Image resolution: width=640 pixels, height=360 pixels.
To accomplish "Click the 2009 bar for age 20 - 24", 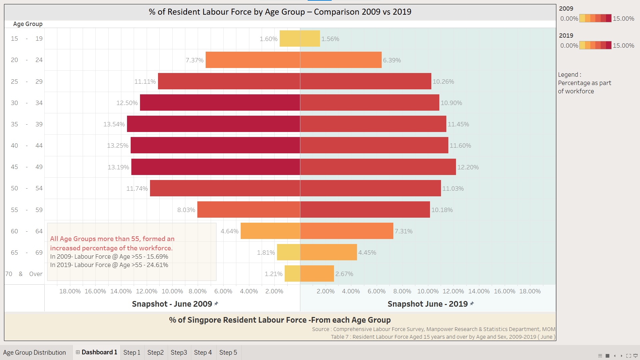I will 253,60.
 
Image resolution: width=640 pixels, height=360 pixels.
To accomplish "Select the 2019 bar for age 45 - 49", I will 378,167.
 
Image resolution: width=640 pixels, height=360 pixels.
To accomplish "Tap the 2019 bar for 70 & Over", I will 317,274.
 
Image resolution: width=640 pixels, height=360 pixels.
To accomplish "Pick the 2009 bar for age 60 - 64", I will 270,231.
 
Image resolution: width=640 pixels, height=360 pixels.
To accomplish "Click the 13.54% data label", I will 114,124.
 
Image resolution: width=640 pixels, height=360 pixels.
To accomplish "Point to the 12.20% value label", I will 468,167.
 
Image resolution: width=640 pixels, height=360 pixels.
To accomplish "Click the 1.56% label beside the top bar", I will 330,39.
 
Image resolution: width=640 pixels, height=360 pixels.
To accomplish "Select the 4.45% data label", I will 367,253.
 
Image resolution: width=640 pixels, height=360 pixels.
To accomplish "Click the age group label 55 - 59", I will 27,210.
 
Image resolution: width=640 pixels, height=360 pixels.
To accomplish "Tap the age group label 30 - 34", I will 27,103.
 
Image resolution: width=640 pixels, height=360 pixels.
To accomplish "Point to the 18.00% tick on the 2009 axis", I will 70,291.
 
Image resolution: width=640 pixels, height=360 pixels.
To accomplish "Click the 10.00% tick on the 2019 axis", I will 428,291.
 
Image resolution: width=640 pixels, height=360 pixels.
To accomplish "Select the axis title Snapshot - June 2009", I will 172,304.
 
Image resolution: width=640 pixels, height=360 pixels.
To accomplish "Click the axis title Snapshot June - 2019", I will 428,304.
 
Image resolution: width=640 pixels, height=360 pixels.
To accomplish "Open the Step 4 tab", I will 203,353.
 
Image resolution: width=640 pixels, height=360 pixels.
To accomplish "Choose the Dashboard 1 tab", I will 97,352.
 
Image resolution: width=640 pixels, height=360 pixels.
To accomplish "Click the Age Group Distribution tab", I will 35,353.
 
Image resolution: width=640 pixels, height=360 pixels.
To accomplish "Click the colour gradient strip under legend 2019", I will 595,45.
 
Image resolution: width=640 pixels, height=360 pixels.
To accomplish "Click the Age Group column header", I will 28,24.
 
